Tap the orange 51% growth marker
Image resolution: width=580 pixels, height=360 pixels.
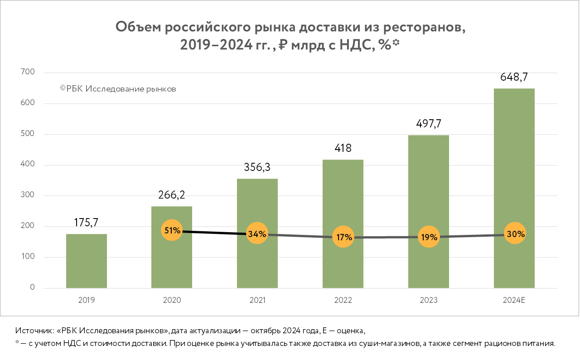[x=172, y=230]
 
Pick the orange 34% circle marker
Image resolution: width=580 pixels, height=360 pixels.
[x=257, y=234]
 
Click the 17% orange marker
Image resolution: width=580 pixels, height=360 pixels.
[x=343, y=237]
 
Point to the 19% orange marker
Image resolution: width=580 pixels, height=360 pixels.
[x=429, y=237]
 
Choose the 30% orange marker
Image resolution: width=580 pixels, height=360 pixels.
[x=515, y=234]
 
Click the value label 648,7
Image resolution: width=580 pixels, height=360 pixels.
[x=514, y=77]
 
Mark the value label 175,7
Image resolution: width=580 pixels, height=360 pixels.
[x=86, y=223]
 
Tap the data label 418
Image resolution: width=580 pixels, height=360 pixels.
[x=343, y=148]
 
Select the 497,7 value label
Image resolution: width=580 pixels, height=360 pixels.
[x=429, y=124]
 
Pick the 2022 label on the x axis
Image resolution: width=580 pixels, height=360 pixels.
[x=343, y=300]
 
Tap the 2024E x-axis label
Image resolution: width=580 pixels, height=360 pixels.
[x=514, y=300]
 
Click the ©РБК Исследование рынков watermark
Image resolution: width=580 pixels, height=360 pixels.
[x=118, y=89]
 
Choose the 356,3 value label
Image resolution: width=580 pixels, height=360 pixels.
[x=257, y=168]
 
